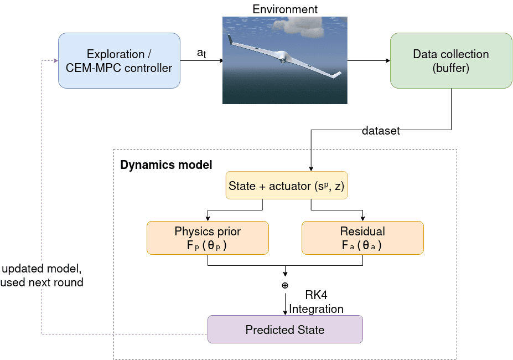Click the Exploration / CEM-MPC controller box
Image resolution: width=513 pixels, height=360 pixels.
tap(119, 60)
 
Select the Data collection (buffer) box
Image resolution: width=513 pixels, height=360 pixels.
tap(451, 60)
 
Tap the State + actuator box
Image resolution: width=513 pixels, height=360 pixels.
tap(287, 186)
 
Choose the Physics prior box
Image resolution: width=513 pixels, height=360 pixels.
tap(208, 238)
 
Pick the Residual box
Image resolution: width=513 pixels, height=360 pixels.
tap(362, 238)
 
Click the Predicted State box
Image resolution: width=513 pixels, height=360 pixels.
tap(286, 329)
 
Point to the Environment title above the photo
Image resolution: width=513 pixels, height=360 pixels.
tap(285, 9)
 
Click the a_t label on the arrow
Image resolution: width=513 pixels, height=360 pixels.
tap(201, 53)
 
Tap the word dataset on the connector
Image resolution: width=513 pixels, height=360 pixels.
tap(381, 131)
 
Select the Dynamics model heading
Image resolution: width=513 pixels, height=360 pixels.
tap(166, 164)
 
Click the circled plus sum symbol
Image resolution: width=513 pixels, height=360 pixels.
tap(285, 285)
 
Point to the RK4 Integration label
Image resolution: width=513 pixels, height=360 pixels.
tap(316, 302)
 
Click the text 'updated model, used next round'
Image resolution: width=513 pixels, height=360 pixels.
tap(42, 275)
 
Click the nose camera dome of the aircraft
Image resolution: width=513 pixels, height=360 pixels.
tap(282, 60)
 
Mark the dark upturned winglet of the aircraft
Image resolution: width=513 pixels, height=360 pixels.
tap(230, 39)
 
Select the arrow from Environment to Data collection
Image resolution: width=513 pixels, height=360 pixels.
tap(369, 60)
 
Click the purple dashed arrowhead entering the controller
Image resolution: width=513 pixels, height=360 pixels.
tap(56, 60)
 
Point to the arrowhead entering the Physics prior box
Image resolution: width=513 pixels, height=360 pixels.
tap(208, 218)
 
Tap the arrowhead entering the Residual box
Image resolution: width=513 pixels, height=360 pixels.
tap(362, 218)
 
